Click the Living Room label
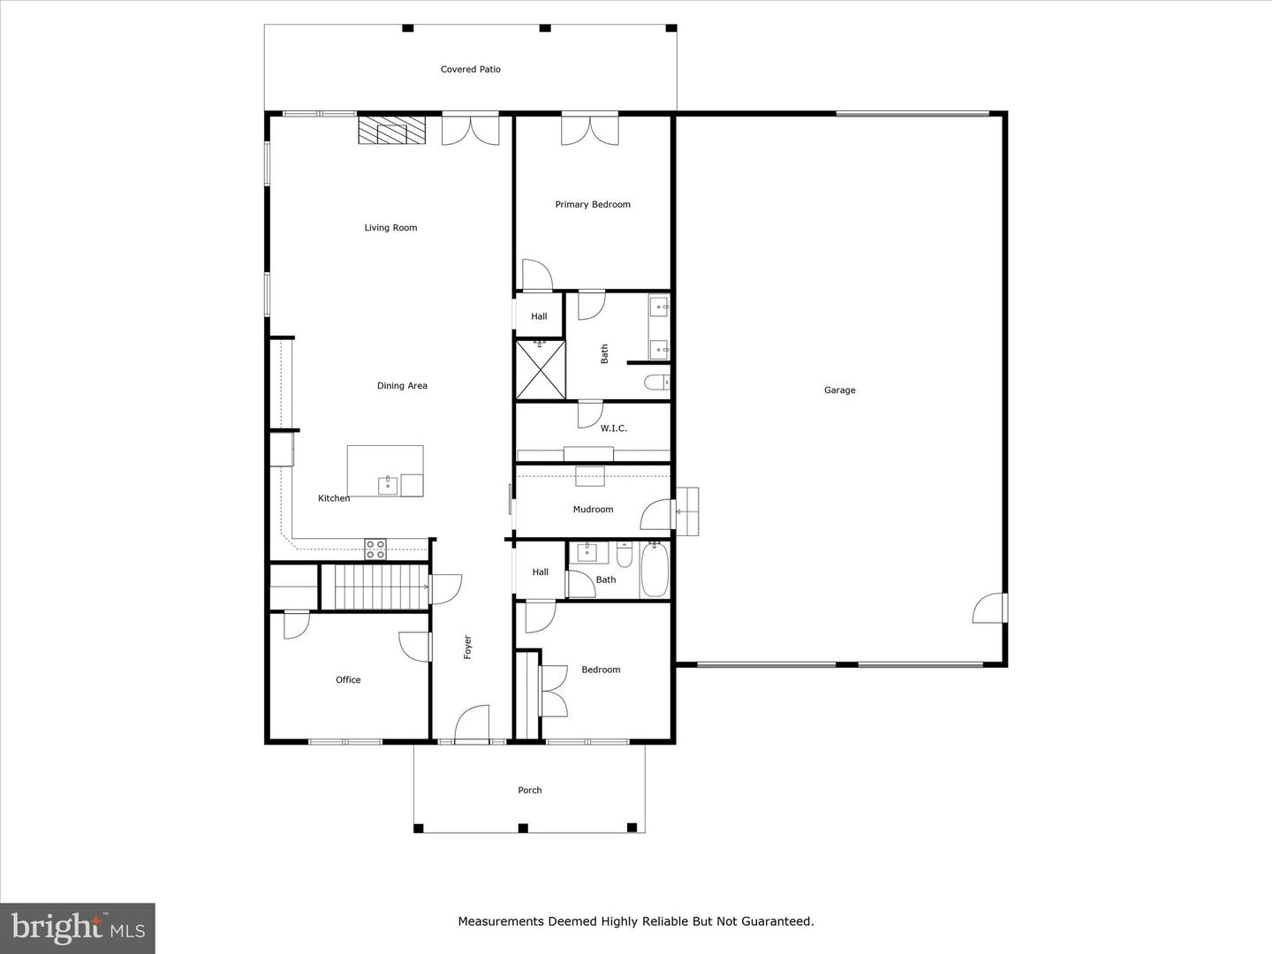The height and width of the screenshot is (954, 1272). (x=390, y=228)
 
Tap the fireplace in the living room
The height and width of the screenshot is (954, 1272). (x=390, y=132)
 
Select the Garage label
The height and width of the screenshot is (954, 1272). (x=839, y=390)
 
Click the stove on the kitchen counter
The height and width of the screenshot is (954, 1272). (x=375, y=549)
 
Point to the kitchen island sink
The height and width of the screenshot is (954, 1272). (x=388, y=485)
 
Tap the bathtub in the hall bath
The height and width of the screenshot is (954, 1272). (x=655, y=570)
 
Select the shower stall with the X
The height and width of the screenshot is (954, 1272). (x=540, y=370)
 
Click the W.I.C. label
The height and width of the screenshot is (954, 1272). (x=613, y=428)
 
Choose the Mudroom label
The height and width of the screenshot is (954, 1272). (x=593, y=510)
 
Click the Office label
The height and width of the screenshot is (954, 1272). (x=348, y=680)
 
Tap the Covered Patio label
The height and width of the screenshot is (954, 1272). (x=471, y=70)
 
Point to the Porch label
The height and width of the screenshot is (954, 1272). (x=530, y=791)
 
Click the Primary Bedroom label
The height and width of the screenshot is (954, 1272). (x=593, y=205)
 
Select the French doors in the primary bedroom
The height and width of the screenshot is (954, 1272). (x=590, y=129)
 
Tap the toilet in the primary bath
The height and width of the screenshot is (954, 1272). (x=656, y=382)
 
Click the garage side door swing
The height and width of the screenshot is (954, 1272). (x=990, y=609)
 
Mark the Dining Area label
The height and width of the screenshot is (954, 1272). (x=402, y=386)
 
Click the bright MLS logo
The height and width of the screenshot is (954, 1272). (x=78, y=927)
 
